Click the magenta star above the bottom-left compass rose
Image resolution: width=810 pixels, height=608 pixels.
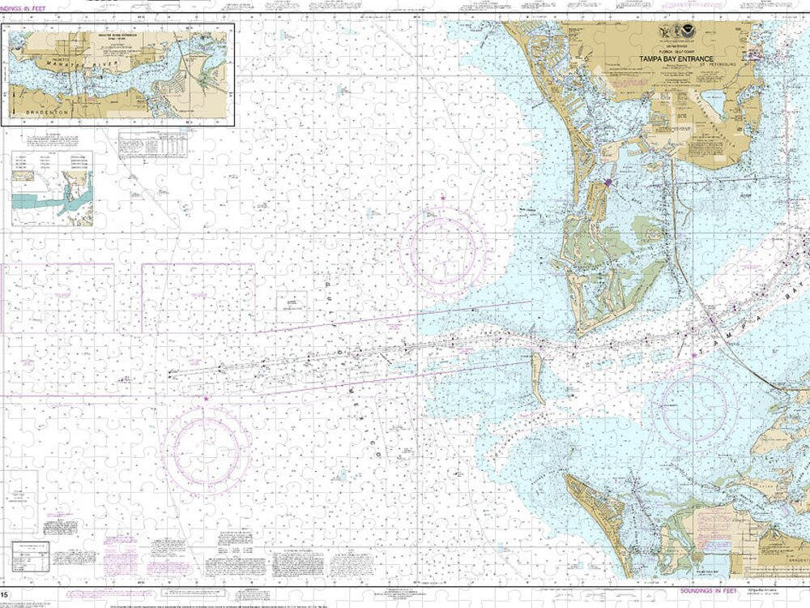(x=206, y=399)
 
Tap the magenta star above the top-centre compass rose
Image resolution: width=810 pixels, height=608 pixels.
(x=443, y=199)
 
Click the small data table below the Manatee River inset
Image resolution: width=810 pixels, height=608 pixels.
(x=151, y=143)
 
